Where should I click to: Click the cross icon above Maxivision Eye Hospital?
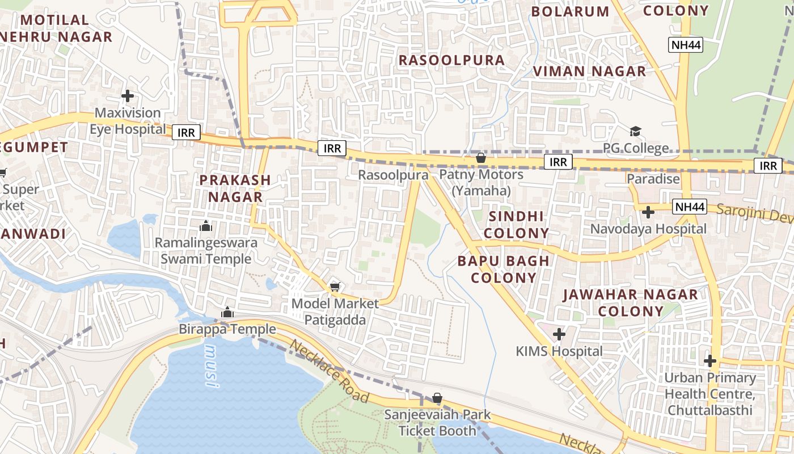128,95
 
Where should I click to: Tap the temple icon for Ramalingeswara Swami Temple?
206,226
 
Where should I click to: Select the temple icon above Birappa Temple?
227,312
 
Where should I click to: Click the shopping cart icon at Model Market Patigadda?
335,287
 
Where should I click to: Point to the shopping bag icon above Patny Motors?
481,158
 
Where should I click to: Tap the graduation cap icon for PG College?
635,132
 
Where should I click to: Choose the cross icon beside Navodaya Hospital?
648,212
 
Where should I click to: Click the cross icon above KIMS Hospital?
559,334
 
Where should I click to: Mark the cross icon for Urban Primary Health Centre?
710,360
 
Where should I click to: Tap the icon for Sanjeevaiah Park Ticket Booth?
437,398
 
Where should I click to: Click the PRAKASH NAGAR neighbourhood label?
235,188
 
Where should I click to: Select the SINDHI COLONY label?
516,225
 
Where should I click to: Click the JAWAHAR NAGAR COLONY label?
630,302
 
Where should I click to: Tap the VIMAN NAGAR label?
589,72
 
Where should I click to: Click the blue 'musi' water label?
212,365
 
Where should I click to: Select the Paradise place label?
653,179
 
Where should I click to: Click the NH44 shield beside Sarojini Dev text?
690,207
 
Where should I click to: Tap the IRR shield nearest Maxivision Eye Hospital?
186,133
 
